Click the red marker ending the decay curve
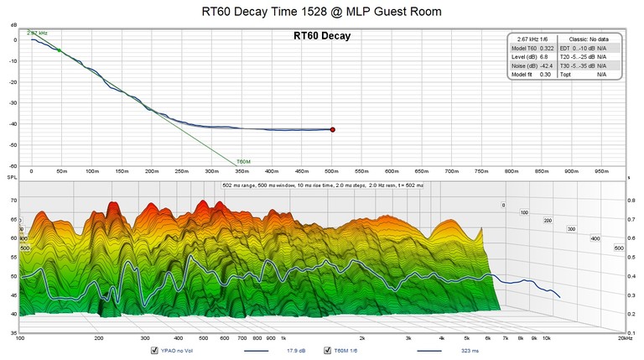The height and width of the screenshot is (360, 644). (332, 129)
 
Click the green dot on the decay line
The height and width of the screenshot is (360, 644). (59, 50)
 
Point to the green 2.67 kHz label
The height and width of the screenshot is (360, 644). (37, 33)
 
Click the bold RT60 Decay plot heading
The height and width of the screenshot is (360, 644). (321, 36)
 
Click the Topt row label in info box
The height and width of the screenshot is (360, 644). (566, 75)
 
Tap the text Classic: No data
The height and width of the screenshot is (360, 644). (588, 39)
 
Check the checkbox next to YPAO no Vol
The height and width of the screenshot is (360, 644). (154, 351)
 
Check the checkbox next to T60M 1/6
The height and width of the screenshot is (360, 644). (328, 351)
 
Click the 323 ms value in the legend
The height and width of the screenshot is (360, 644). (471, 351)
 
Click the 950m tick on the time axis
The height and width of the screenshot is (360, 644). (603, 170)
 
